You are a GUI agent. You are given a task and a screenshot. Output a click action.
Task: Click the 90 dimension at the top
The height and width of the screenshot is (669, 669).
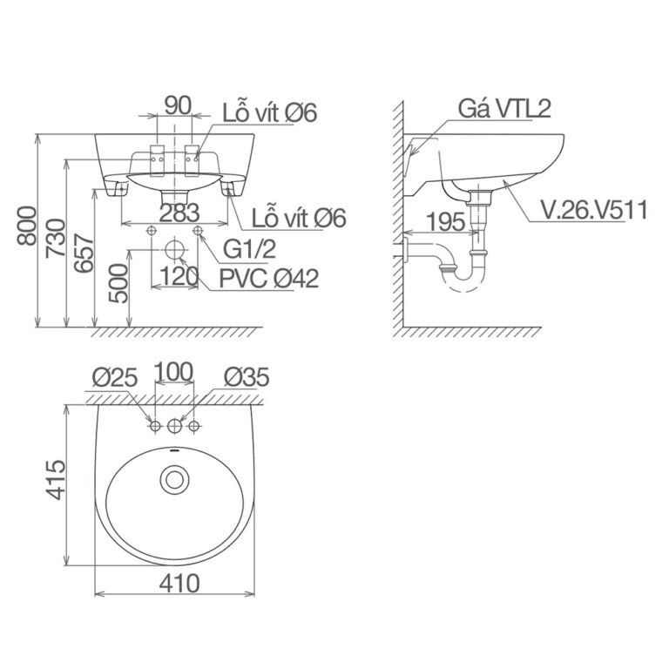click(177, 105)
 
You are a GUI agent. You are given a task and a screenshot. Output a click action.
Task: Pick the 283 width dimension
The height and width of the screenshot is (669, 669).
click(179, 213)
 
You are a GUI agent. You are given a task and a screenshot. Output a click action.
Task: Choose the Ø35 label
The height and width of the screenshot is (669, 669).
click(246, 377)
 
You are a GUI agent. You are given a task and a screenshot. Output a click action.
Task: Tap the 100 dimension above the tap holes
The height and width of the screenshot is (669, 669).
click(174, 372)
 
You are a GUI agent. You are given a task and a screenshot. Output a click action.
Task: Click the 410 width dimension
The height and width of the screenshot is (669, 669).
click(178, 582)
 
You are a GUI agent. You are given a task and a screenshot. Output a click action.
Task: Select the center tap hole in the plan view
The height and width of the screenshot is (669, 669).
click(175, 426)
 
